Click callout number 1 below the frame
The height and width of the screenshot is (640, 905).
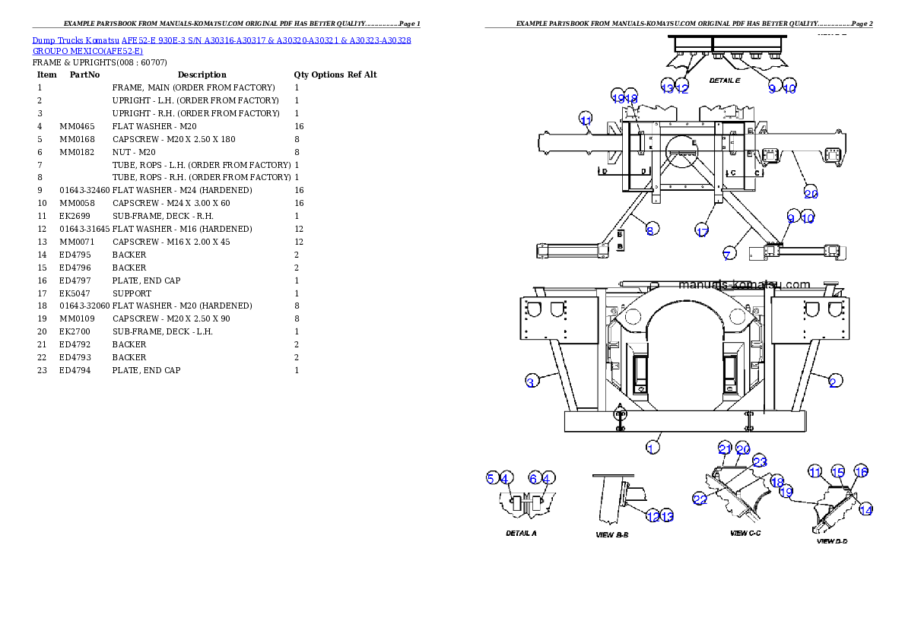pos(652,448)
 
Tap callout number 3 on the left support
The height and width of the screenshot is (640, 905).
pos(532,382)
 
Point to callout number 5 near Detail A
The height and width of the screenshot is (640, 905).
pos(492,477)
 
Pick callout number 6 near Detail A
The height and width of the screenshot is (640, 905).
pos(535,477)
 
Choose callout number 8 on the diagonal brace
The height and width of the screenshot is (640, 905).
pos(652,229)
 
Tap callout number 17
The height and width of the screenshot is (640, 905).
pos(702,231)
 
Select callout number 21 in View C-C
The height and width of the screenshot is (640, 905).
pos(725,448)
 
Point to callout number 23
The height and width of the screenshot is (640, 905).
pos(759,461)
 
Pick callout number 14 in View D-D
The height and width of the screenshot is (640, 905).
pos(865,510)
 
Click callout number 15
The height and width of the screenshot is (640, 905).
pos(837,472)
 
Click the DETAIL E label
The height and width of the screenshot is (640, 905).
pos(725,80)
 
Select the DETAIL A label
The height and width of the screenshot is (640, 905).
pos(521,533)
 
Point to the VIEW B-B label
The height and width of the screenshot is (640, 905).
pos(611,534)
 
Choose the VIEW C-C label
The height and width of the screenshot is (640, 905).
pos(745,533)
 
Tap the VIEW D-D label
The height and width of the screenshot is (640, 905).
pos(832,541)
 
